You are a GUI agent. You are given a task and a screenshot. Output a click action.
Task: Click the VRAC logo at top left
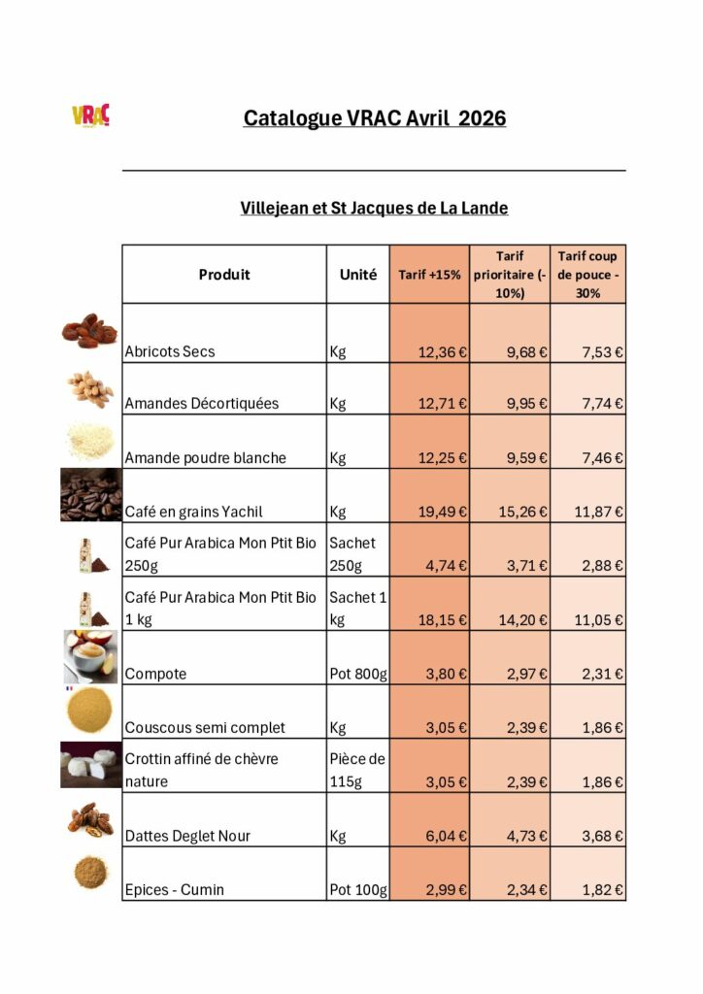click(90, 116)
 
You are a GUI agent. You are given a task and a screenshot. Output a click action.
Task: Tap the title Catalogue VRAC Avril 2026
click(374, 118)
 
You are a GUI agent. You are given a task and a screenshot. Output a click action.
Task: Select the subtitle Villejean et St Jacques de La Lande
click(374, 208)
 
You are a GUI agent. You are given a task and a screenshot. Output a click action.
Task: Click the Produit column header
click(224, 275)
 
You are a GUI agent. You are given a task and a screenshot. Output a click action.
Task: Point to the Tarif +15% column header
click(429, 275)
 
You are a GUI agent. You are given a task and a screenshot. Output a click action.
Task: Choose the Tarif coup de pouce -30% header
click(588, 274)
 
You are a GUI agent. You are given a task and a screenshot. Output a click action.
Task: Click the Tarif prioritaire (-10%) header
click(510, 274)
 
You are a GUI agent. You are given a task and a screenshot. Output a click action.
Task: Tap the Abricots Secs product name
click(170, 351)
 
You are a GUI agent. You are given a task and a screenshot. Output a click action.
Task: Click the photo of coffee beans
click(90, 496)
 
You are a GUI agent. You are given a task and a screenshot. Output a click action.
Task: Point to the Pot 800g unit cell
click(357, 674)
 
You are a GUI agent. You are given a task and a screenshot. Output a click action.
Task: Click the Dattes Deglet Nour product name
click(188, 835)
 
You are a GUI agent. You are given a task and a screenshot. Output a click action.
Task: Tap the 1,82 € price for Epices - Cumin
click(603, 889)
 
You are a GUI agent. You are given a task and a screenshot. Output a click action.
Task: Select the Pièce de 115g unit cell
click(357, 770)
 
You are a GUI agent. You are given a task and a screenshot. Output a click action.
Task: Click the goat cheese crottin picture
click(90, 766)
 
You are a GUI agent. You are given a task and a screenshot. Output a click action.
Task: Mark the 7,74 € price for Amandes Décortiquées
click(603, 404)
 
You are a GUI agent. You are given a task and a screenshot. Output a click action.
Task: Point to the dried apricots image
click(90, 331)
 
